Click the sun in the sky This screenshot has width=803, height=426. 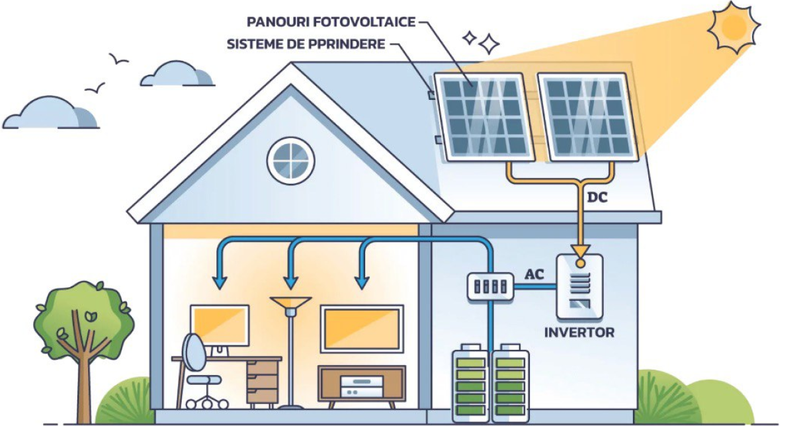734,26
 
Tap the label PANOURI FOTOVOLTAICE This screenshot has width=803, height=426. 331,22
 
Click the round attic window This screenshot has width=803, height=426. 291,161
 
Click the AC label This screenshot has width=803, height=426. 534,274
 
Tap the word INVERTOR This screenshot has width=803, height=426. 579,332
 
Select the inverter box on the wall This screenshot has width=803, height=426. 579,286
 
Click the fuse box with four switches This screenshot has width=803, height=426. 491,286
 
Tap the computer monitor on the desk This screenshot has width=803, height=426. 220,325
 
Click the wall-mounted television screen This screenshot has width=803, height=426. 362,329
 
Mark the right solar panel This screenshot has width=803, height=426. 586,116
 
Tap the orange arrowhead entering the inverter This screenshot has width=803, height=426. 581,252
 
